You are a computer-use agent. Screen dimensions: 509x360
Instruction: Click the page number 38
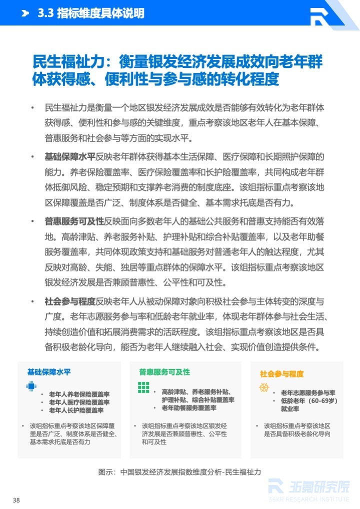[x=16, y=500]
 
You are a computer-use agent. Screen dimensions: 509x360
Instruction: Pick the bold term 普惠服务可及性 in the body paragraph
[x=74, y=221]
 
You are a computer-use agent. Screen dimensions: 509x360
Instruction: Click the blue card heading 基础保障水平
[x=49, y=372]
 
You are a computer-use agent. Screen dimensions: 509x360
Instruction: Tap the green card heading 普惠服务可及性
[x=164, y=372]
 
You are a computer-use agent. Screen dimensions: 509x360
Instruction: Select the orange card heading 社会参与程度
[x=281, y=373]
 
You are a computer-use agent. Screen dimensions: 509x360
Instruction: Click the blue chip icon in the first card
[x=31, y=386]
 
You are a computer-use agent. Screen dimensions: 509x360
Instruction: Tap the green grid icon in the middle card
[x=143, y=387]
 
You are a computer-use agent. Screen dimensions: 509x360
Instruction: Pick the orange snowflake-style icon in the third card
[x=263, y=387]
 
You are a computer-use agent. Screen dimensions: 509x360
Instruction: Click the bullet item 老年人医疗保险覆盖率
[x=79, y=402]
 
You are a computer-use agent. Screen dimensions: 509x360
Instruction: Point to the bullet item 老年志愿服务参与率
[x=308, y=393]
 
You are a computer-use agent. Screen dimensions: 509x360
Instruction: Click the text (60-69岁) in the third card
[x=323, y=401]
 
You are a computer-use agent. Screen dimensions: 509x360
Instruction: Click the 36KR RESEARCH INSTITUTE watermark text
[x=309, y=498]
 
